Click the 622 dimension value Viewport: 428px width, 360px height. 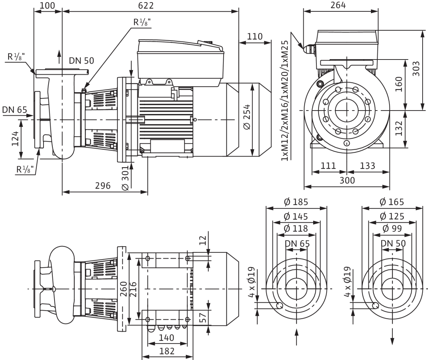(x=146, y=6)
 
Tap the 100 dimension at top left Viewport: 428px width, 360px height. (x=47, y=6)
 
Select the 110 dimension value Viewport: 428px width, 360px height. (x=255, y=36)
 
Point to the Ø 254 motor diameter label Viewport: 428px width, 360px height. (x=247, y=117)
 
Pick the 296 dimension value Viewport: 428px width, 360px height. (x=103, y=186)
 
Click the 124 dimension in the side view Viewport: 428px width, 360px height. (x=15, y=139)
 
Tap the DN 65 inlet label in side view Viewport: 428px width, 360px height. (x=15, y=110)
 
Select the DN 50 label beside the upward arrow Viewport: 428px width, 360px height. (x=81, y=61)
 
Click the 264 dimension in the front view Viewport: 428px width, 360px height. (x=338, y=5)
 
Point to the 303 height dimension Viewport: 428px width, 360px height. (x=416, y=69)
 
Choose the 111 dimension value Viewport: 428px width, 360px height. (x=328, y=165)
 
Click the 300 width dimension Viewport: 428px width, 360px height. (x=347, y=180)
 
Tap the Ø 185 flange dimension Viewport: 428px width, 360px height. (x=296, y=202)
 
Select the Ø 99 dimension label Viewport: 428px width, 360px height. (x=392, y=228)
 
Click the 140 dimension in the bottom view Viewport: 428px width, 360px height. (x=167, y=338)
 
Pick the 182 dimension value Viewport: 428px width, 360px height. (x=167, y=351)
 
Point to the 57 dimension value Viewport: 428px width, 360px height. (x=203, y=318)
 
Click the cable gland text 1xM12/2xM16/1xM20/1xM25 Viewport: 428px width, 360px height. (x=285, y=101)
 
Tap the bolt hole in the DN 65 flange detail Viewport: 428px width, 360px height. (x=279, y=305)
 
